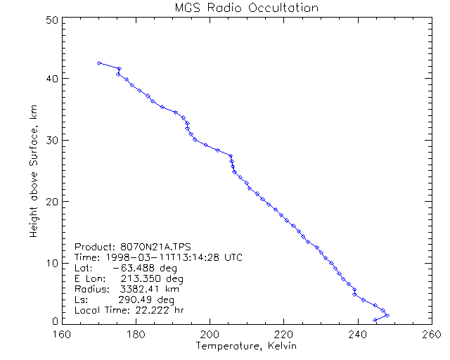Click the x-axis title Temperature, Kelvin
(x=246, y=346)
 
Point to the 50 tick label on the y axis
(x=51, y=20)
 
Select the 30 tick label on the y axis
(x=51, y=140)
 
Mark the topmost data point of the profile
(x=99, y=63)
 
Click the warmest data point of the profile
(x=387, y=315)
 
